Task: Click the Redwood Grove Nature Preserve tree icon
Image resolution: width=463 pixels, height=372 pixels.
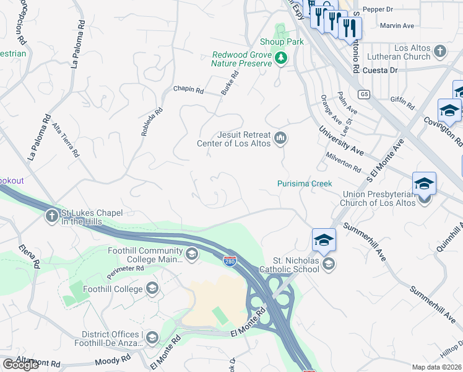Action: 282,58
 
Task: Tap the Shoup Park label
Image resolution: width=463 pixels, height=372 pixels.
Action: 281,42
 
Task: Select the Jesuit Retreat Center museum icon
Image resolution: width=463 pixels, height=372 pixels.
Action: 280,138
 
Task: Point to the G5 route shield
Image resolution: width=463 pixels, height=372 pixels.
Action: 364,94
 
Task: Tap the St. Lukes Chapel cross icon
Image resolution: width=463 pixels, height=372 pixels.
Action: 51,216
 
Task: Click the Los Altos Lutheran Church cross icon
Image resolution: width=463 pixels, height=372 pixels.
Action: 439,51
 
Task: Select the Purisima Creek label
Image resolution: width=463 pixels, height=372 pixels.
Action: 305,184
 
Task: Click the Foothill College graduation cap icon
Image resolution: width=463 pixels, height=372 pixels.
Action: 152,288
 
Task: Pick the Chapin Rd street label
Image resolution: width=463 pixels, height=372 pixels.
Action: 188,90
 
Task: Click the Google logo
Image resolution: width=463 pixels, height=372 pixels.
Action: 21,365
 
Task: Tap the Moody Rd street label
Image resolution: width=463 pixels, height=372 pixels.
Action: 113,360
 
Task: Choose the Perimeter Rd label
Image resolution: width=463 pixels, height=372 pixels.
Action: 128,268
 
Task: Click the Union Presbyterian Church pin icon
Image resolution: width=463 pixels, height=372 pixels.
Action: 424,199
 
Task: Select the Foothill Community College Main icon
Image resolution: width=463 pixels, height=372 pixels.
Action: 192,254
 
